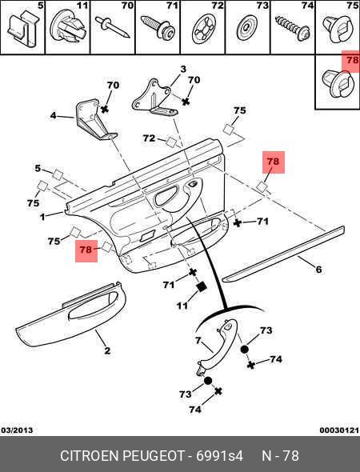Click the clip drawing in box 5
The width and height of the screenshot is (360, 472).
coord(23,29)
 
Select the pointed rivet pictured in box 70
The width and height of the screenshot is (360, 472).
coord(112,27)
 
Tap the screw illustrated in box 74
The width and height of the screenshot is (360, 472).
coord(293,28)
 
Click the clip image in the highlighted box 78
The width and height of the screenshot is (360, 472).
coord(338,84)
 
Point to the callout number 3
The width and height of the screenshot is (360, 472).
coord(183,70)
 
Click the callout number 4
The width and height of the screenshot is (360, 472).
coord(54,115)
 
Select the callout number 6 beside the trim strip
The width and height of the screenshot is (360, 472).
coord(318,269)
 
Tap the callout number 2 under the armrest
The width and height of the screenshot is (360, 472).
coord(107,350)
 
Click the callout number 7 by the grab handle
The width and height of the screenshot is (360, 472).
coord(198,341)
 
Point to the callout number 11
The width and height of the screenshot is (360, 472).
coord(182,306)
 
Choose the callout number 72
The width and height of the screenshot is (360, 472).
coord(150,138)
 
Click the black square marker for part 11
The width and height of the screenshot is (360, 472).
coord(201,287)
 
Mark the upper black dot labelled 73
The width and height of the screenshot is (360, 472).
coord(245,349)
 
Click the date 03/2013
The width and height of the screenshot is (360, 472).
coord(17,430)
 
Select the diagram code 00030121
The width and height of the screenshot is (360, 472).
coord(339,430)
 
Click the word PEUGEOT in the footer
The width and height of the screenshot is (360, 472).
coord(154,456)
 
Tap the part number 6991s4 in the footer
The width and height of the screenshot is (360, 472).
coord(219,456)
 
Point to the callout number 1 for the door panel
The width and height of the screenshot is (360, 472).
coord(42,217)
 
